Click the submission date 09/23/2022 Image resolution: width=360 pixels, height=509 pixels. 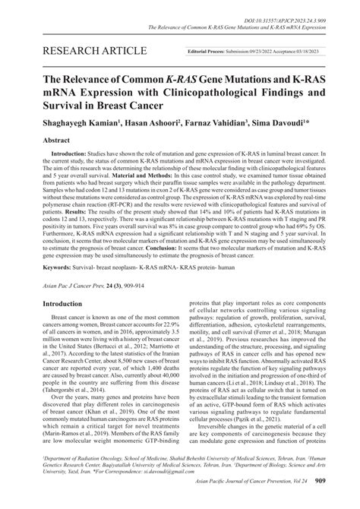(x=261, y=52)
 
